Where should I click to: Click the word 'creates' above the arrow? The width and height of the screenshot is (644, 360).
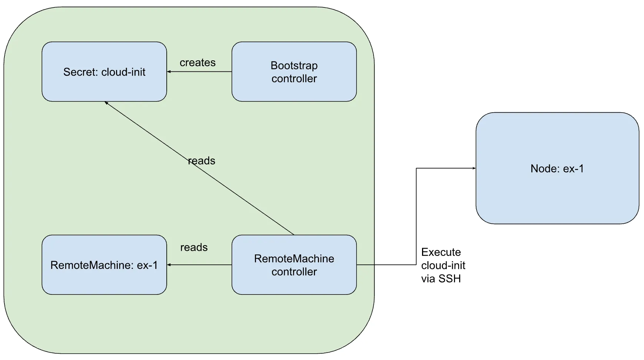(x=197, y=63)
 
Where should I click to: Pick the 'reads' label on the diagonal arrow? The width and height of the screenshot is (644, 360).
(x=202, y=161)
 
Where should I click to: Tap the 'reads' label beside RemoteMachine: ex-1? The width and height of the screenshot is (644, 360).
(x=194, y=247)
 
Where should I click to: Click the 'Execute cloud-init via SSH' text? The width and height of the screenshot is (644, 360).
(x=443, y=265)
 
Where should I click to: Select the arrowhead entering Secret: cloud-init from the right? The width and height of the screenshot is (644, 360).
(x=169, y=71)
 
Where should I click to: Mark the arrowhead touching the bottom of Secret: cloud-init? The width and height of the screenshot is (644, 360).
(x=106, y=103)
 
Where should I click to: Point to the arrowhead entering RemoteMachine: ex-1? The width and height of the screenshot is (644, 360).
(x=169, y=265)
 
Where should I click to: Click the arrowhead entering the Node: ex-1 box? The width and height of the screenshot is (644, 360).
(x=474, y=168)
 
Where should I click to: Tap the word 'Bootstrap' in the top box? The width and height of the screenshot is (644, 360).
(x=294, y=66)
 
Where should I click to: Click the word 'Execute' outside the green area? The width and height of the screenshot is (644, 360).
(x=441, y=252)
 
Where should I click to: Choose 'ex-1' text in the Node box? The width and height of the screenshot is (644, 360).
(x=573, y=169)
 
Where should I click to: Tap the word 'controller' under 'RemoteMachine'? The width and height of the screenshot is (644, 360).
(x=294, y=272)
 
